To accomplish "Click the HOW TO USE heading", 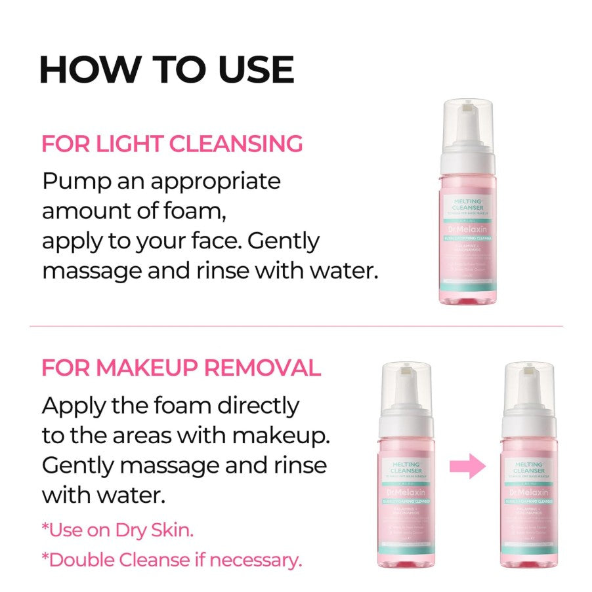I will tap(167, 69).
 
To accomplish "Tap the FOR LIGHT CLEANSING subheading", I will tap(172, 144).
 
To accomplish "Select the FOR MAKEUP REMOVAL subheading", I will tap(181, 368).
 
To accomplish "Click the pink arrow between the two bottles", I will tap(467, 467).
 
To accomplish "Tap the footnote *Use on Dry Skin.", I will tap(117, 530).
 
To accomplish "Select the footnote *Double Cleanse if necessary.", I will tap(171, 560).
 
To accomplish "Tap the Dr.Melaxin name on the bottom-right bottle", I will tap(528, 491).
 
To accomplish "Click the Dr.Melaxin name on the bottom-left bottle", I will tap(406, 491).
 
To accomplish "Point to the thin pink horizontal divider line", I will tap(295, 326).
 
